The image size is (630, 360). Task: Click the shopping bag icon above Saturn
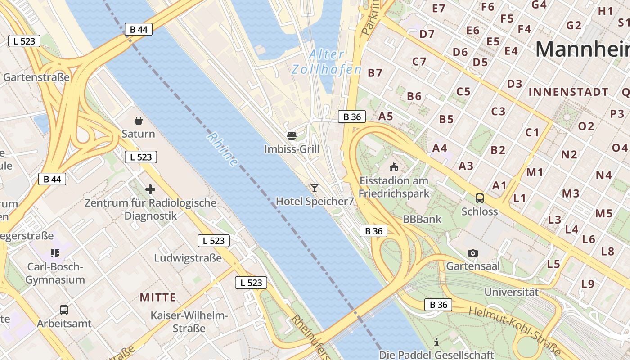139,121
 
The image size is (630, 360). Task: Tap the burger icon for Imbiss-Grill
292,135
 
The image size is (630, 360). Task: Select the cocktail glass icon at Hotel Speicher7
314,188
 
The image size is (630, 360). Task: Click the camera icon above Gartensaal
472,253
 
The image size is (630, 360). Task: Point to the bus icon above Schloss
480,198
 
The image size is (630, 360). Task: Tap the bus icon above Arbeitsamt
64,310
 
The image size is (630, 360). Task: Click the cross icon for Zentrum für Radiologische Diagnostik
150,189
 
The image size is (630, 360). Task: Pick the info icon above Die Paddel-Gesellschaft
436,342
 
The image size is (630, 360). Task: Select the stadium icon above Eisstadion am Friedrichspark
394,167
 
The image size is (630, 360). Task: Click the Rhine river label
223,149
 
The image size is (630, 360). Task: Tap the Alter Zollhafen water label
327,62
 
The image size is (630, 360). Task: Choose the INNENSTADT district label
568,92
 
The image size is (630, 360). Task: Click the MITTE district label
157,297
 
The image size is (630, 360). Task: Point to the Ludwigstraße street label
188,258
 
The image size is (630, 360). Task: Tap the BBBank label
423,220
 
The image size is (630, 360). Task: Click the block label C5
463,92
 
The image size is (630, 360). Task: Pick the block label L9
588,284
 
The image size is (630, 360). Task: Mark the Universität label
511,292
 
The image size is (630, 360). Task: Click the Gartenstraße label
36,77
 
